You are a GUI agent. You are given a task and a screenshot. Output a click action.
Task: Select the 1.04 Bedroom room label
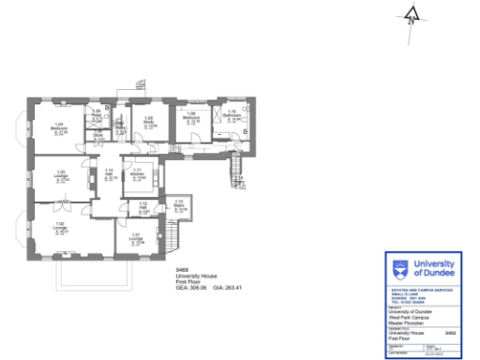click(x=59, y=127)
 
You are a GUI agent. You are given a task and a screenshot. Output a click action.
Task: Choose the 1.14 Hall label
click(x=109, y=172)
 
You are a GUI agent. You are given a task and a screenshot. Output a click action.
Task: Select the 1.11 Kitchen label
click(x=137, y=172)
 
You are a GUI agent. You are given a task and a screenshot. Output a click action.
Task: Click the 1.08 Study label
click(x=149, y=121)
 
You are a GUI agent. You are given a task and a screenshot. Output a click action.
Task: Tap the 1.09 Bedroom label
click(x=192, y=118)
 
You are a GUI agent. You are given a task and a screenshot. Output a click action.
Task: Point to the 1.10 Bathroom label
click(x=232, y=116)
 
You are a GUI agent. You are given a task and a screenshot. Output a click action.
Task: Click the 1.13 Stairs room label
click(x=179, y=205)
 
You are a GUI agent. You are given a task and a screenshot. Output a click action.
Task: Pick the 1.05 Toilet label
click(x=96, y=114)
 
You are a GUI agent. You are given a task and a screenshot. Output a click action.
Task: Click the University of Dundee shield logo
click(x=397, y=272)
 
